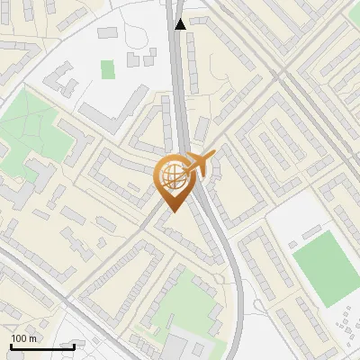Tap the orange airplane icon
[x=199, y=166]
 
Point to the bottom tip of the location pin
[x=171, y=211]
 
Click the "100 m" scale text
[x=24, y=337]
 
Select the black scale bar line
[x=42, y=346]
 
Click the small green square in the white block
[x=108, y=68]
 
